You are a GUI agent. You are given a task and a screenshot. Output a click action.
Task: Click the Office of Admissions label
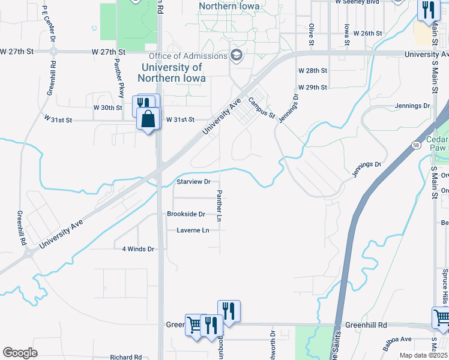tap(188, 56)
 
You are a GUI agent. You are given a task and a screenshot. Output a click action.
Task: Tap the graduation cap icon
tap(237, 56)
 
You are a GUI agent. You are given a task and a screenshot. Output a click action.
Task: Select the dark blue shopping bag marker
tap(148, 119)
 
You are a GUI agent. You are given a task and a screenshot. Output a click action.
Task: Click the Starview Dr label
tap(193, 181)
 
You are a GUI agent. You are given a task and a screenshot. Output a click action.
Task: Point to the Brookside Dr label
tap(186, 214)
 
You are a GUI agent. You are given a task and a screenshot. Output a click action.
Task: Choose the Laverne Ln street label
tap(193, 230)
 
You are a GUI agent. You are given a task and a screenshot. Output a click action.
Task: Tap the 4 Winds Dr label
tap(138, 249)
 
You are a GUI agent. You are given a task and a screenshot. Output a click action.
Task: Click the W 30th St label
tap(107, 107)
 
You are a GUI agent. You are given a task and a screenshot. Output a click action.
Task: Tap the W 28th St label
tap(313, 70)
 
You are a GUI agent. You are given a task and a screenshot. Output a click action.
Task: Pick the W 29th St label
tap(313, 87)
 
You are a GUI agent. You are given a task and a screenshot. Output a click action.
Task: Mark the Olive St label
tap(311, 34)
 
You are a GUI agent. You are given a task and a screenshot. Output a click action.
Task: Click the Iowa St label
tap(346, 34)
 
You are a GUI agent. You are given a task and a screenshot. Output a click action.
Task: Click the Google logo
tap(20, 353)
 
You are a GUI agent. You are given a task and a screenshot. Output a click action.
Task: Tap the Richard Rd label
tap(125, 357)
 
